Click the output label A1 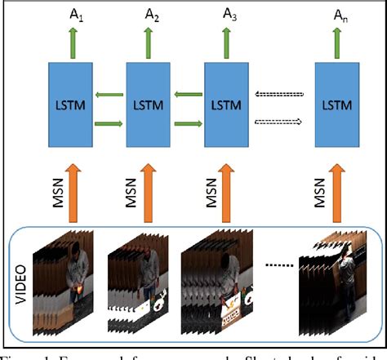[73, 15]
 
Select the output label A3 [229, 15]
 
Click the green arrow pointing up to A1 [73, 40]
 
